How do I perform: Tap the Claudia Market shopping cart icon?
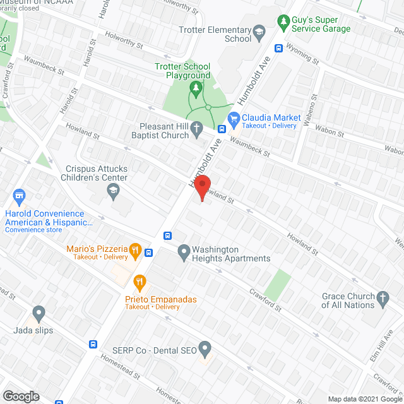coord(234,117)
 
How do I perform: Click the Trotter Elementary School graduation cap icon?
coord(258,32)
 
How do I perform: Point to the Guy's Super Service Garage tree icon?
coord(284,23)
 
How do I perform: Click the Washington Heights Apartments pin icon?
coord(184,252)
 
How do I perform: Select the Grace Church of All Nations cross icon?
coord(383,296)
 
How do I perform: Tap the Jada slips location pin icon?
coord(39,312)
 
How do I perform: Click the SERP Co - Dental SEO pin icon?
coord(205,348)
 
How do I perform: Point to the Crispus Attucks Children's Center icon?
coord(114,191)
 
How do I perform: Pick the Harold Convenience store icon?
coord(18,196)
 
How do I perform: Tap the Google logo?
coord(21,396)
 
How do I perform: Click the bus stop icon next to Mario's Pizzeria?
coord(149,253)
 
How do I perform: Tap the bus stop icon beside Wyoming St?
coord(278,48)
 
